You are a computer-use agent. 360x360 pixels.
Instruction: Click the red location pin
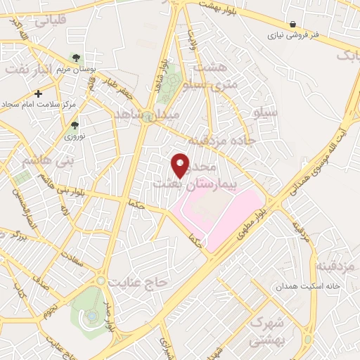point(181,165)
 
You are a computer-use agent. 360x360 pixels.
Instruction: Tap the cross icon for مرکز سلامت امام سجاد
point(38,93)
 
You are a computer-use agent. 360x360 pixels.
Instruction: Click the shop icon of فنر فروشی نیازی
point(292,24)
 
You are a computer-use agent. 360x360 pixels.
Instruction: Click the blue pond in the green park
point(92,316)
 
